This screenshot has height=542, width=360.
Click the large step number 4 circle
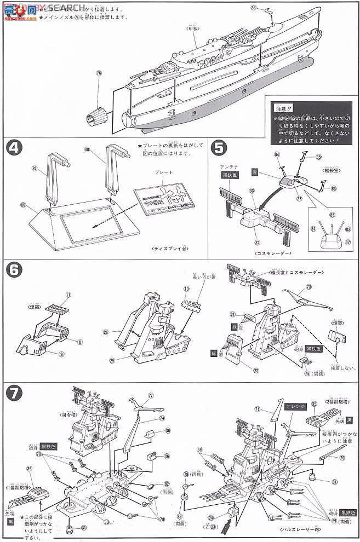[15, 148]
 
